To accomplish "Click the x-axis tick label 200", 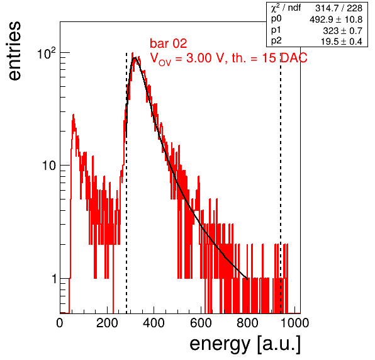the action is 107,323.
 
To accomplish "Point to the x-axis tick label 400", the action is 154,323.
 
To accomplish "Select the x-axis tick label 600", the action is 201,323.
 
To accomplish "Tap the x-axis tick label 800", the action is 247,323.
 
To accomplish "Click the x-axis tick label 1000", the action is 294,323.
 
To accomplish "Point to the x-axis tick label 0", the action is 60,323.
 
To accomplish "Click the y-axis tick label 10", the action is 49,166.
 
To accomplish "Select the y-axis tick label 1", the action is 54,279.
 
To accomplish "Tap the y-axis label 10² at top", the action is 47,53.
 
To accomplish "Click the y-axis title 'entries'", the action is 14,51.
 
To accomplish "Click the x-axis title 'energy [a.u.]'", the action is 245,344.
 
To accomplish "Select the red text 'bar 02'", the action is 169,43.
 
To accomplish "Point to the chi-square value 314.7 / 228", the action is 339,8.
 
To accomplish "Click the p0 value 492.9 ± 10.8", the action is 336,20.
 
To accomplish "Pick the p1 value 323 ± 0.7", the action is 342,31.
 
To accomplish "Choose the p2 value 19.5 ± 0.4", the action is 341,42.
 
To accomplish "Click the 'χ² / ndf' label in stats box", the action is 286,8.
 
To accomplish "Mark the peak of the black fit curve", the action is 135,58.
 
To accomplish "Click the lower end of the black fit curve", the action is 247,279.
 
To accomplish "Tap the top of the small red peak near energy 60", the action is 74,115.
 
